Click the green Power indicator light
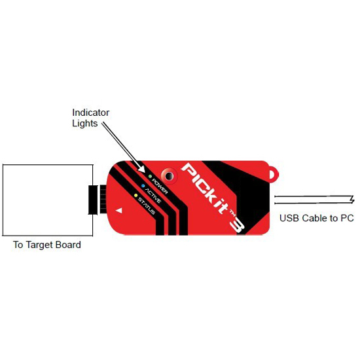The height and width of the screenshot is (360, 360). point(150,176)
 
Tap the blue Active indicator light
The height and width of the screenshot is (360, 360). point(143,186)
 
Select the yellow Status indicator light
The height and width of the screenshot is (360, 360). point(136,196)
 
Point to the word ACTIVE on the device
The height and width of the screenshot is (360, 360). point(153,196)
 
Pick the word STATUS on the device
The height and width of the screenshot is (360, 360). point(147,206)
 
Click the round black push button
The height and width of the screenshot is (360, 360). point(170,176)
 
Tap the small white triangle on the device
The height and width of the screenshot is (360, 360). point(119,210)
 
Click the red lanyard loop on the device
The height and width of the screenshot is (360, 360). point(274,174)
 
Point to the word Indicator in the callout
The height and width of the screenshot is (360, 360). point(91,113)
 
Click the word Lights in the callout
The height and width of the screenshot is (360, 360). point(85,123)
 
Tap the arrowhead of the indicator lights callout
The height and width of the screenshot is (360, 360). point(141,169)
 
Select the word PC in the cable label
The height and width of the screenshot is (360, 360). point(347,218)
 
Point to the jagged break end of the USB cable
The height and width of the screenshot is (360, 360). point(351,199)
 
